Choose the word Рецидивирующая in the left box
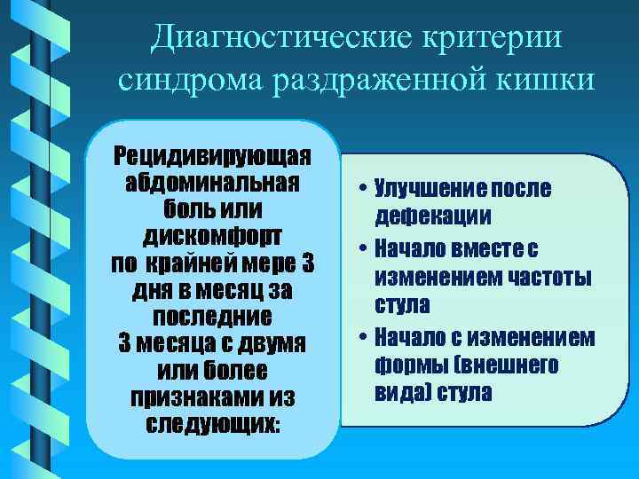click(x=212, y=156)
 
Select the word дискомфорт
click(x=212, y=238)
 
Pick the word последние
click(x=212, y=317)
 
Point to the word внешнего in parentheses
click(x=517, y=365)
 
